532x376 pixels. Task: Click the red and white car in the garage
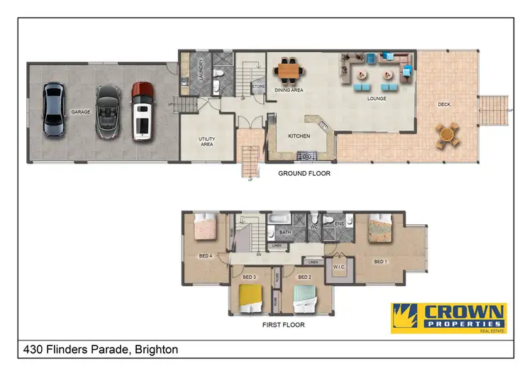click(x=143, y=110)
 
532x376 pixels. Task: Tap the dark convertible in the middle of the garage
click(x=107, y=110)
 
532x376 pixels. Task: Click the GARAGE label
click(x=79, y=112)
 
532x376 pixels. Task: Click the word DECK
click(x=444, y=105)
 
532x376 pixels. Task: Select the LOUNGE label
click(x=376, y=99)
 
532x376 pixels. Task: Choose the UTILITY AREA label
click(x=206, y=141)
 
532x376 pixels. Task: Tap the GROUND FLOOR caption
click(x=304, y=173)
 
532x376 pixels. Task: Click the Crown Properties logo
click(x=448, y=317)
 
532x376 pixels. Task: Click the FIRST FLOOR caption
click(x=283, y=325)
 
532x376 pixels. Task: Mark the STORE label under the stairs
click(x=258, y=88)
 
